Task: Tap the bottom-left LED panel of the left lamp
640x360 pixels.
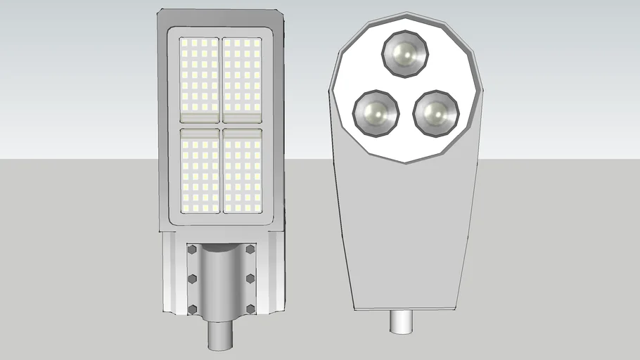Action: pyautogui.click(x=200, y=170)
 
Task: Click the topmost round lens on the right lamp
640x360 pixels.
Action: pyautogui.click(x=405, y=53)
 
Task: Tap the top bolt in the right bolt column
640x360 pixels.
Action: pyautogui.click(x=250, y=250)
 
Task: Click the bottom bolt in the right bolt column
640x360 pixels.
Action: pyautogui.click(x=250, y=309)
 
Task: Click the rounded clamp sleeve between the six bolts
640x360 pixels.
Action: pyautogui.click(x=221, y=281)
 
